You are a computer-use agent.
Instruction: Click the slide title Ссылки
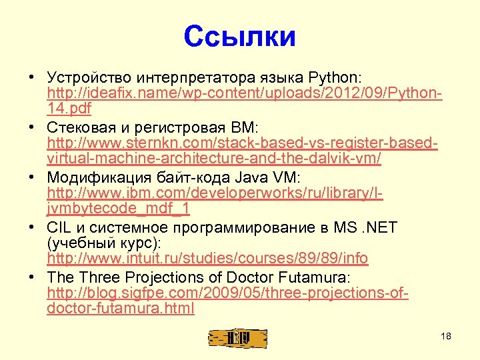(x=239, y=37)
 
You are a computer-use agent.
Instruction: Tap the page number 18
(x=446, y=337)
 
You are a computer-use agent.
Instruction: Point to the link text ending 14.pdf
(x=69, y=107)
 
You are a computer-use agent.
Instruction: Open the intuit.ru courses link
(x=207, y=259)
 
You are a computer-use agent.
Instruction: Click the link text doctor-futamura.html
(x=121, y=309)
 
